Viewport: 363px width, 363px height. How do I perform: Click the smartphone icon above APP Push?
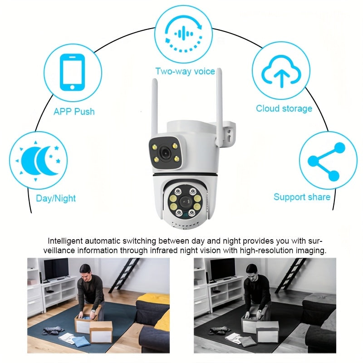pyautogui.click(x=72, y=72)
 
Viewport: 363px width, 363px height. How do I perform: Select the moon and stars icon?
pyautogui.click(x=39, y=161)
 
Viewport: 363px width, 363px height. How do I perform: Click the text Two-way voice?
pyautogui.click(x=185, y=71)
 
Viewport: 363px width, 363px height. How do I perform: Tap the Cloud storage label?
pyautogui.click(x=284, y=108)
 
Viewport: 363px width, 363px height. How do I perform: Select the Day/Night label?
pyautogui.click(x=56, y=198)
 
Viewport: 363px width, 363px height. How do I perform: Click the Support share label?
pyautogui.click(x=302, y=197)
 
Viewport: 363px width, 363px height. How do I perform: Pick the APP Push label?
pyautogui.click(x=74, y=112)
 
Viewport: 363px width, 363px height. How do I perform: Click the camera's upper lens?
pyautogui.click(x=166, y=152)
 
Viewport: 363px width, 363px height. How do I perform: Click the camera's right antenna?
pyautogui.click(x=219, y=107)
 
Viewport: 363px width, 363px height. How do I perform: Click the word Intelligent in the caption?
pyautogui.click(x=65, y=241)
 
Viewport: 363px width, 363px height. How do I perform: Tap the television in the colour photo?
pyautogui.click(x=56, y=270)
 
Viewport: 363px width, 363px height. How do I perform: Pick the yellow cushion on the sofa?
pyautogui.click(x=152, y=299)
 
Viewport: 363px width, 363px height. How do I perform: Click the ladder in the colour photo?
pyautogui.click(x=124, y=275)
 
